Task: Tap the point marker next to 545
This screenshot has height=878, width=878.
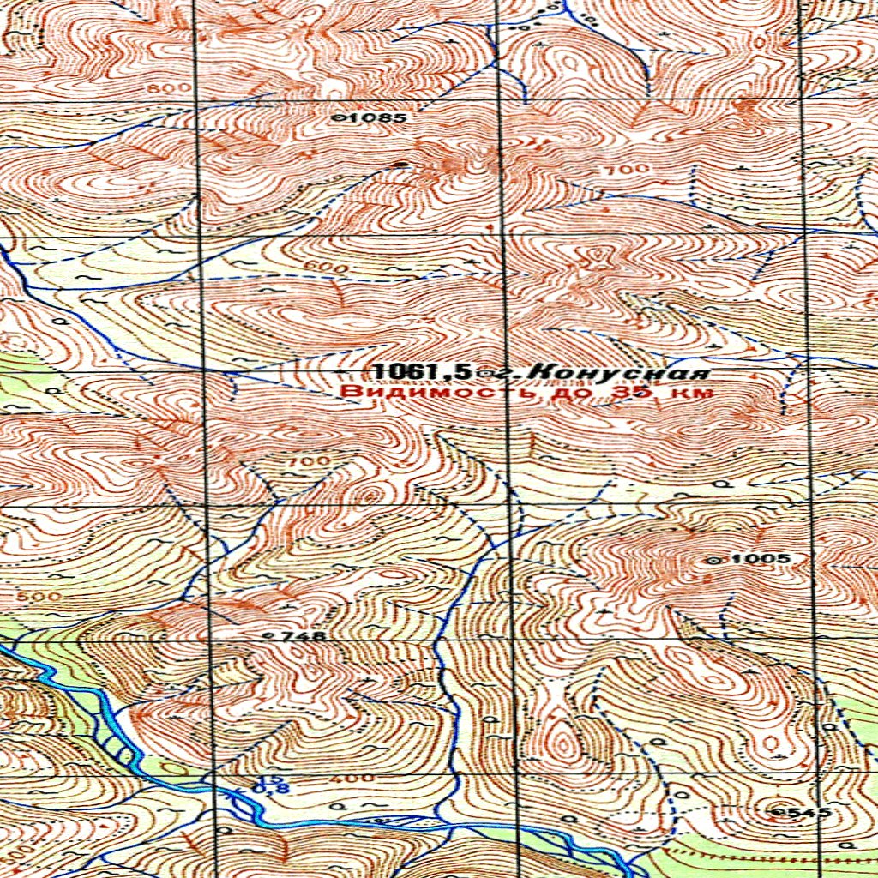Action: pyautogui.click(x=777, y=810)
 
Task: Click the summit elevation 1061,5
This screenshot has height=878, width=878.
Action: pyautogui.click(x=422, y=372)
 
